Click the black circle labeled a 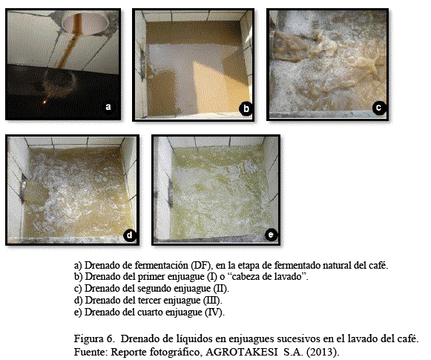(108, 107)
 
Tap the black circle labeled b (246, 108)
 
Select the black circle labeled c (379, 108)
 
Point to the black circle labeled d (130, 235)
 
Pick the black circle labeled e (271, 235)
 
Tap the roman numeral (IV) (214, 312)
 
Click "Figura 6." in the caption (94, 338)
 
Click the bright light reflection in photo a (44, 102)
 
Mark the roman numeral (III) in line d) (212, 300)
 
